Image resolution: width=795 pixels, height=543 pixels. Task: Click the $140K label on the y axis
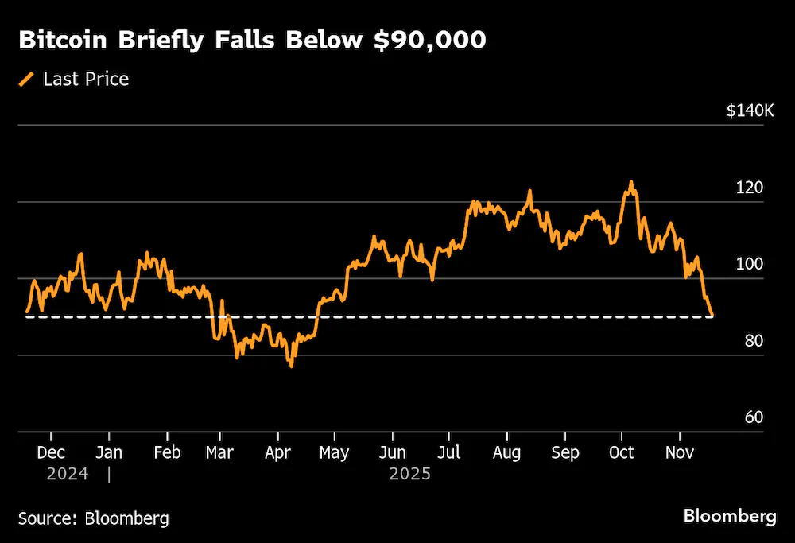(x=750, y=111)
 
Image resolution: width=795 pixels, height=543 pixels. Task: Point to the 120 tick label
(x=750, y=188)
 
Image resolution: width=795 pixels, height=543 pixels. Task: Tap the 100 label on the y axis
(x=750, y=264)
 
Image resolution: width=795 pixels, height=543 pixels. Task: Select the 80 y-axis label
(x=754, y=341)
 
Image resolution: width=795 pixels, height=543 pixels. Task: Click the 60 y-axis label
(x=754, y=417)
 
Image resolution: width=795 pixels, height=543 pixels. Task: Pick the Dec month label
(x=51, y=452)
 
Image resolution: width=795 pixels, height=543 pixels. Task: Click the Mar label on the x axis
(x=219, y=452)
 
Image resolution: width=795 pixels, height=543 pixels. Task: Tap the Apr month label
(x=277, y=452)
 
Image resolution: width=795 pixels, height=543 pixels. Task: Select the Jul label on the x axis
(x=448, y=452)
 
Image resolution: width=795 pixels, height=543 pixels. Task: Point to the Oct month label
(x=621, y=452)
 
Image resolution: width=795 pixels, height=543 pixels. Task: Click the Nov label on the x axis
(x=680, y=452)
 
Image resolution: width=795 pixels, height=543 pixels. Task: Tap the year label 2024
(x=68, y=474)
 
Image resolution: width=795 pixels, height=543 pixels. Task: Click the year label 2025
(x=409, y=474)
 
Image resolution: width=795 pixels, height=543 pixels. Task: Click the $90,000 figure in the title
(x=430, y=40)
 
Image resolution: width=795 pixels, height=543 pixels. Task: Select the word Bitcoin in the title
(x=63, y=40)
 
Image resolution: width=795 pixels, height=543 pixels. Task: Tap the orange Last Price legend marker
(x=26, y=79)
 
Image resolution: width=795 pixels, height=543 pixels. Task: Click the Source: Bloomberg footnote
(x=93, y=518)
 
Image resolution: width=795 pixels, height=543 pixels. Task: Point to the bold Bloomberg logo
(x=730, y=516)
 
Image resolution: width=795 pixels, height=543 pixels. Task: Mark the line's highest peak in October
(x=631, y=181)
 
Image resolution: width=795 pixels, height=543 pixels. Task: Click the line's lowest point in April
(x=292, y=366)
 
